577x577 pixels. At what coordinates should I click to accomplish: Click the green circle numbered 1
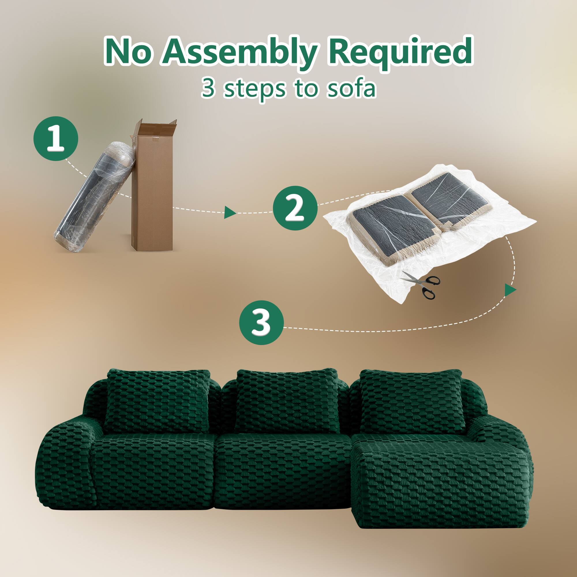(56, 139)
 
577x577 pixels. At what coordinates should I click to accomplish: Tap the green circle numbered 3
(261, 323)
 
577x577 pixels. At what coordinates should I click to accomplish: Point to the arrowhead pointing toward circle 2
(229, 212)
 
